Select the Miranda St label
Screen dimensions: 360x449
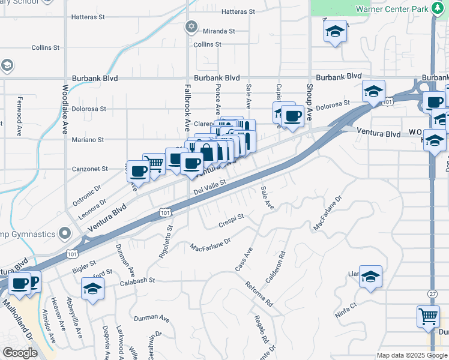pyautogui.click(x=217, y=31)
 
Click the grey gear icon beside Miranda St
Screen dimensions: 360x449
pyautogui.click(x=191, y=26)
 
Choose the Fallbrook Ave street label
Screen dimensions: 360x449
pyautogui.click(x=187, y=109)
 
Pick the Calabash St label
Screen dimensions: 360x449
pyautogui.click(x=137, y=280)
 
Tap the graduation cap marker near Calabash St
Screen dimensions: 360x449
pyautogui.click(x=92, y=289)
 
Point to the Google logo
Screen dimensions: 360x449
pyautogui.click(x=20, y=353)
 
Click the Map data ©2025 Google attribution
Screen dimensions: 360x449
pyautogui.click(x=412, y=355)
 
